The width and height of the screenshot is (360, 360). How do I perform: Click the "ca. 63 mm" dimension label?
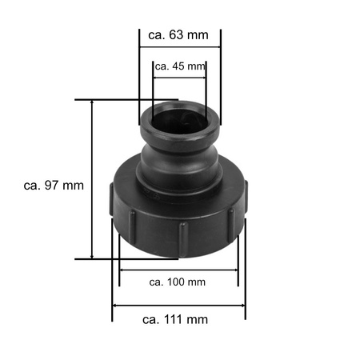tap(179, 34)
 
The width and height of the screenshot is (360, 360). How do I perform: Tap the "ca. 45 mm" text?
tap(179, 66)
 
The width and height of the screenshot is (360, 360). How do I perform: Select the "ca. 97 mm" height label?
tap(54, 185)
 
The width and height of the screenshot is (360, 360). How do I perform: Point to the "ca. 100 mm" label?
tap(178, 282)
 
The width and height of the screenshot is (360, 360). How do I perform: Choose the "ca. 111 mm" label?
tap(175, 319)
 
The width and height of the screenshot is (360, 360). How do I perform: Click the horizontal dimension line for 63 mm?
tap(179, 49)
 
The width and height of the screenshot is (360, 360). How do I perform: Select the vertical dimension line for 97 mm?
tap(93, 179)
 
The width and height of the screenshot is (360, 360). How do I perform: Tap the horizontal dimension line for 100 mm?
tap(178, 270)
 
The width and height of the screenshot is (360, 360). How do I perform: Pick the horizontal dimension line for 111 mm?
tap(178, 305)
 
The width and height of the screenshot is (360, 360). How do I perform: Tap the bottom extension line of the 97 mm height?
tap(120, 258)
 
